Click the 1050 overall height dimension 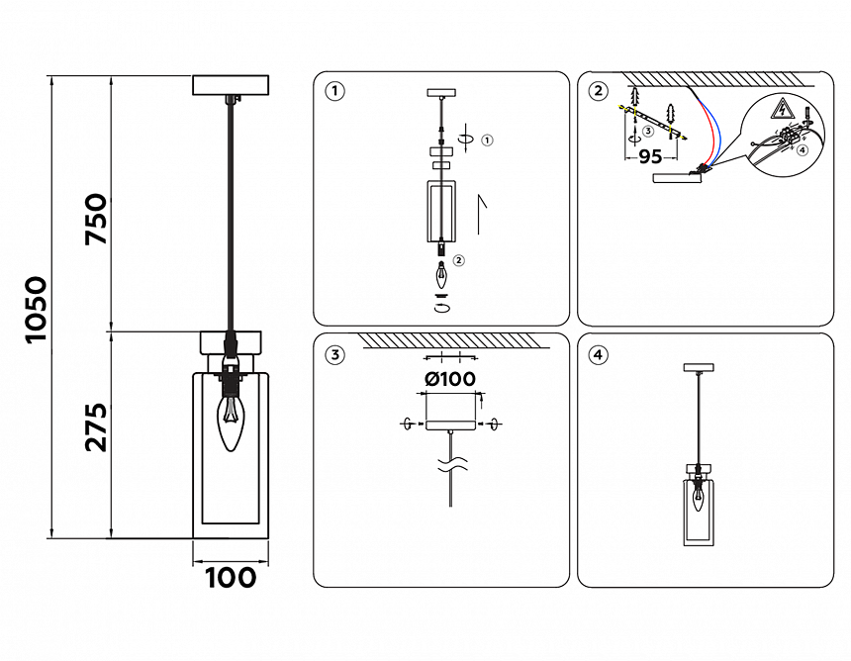[36, 309]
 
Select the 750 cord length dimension [96, 220]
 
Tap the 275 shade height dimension [96, 426]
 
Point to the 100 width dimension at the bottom [231, 577]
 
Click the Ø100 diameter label [449, 378]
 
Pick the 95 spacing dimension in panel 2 [650, 156]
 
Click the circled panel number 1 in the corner [335, 92]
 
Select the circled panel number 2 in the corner [598, 92]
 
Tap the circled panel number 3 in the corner [335, 354]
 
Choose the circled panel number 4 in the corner [598, 354]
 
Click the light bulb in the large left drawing [231, 424]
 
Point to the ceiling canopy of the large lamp [231, 84]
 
